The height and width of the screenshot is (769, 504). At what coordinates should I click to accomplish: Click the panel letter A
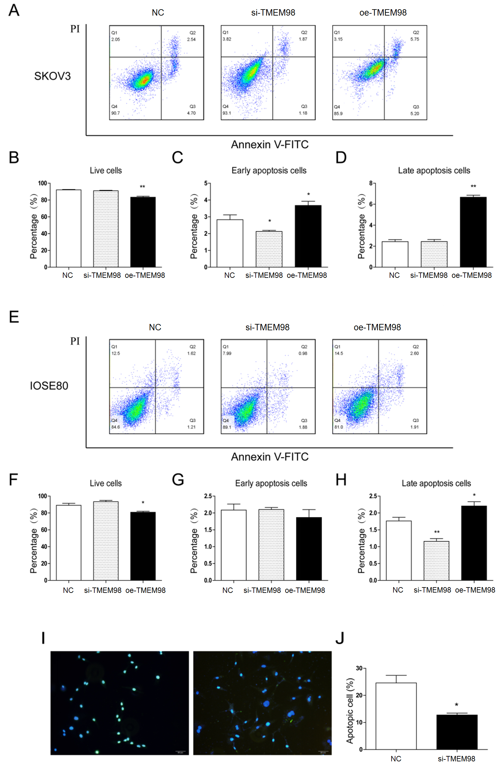[14, 10]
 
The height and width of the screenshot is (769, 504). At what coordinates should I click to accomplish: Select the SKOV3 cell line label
[52, 76]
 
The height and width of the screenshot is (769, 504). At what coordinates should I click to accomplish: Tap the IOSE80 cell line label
[49, 386]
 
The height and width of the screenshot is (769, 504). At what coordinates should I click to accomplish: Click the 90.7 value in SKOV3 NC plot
[116, 113]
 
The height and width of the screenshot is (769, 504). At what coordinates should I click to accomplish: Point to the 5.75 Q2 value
[414, 39]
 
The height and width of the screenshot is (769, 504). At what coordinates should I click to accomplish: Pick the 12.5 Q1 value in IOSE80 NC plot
[116, 353]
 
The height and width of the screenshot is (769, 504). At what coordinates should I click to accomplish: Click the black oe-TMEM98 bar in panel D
[473, 232]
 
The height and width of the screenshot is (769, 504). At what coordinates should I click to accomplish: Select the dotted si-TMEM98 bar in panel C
[269, 249]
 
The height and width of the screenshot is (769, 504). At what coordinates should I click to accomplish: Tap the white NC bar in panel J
[396, 716]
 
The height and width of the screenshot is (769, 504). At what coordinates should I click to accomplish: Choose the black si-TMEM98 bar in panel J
[457, 732]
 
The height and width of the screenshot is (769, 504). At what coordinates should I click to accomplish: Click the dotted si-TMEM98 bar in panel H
[436, 560]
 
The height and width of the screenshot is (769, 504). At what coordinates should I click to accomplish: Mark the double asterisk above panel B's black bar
[142, 187]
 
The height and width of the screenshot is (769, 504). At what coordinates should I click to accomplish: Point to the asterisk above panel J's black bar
[457, 705]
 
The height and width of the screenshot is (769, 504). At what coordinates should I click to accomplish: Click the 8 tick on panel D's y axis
[371, 183]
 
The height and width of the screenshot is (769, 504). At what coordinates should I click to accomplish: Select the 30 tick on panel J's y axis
[359, 668]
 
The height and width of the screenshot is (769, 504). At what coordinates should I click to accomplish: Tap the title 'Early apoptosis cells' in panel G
[271, 484]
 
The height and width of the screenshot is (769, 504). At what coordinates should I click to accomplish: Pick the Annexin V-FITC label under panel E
[270, 457]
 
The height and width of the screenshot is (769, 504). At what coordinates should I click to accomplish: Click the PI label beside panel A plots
[75, 29]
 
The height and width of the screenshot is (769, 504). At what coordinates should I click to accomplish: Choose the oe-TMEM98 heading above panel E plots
[377, 327]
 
